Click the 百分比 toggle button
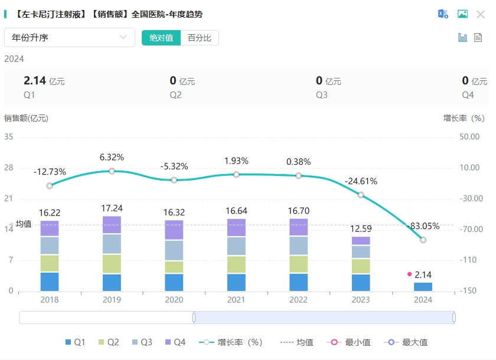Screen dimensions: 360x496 [x=200, y=38]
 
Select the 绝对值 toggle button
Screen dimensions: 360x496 [x=161, y=38]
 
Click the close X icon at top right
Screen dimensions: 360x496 [x=481, y=14]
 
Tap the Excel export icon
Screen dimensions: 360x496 [x=443, y=14]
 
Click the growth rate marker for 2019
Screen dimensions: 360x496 [x=112, y=171]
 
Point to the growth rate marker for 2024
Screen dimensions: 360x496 [x=423, y=240]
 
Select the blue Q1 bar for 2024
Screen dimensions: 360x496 [x=423, y=287]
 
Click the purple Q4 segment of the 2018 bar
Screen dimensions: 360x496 [x=50, y=228]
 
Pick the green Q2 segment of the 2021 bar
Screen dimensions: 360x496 [x=236, y=264]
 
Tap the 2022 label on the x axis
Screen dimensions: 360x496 [x=298, y=300]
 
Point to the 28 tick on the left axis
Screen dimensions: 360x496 [x=8, y=168]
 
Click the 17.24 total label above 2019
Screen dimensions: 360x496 [x=112, y=208]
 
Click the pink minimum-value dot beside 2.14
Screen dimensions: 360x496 [x=409, y=274]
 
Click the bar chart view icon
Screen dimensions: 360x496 [x=463, y=37]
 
